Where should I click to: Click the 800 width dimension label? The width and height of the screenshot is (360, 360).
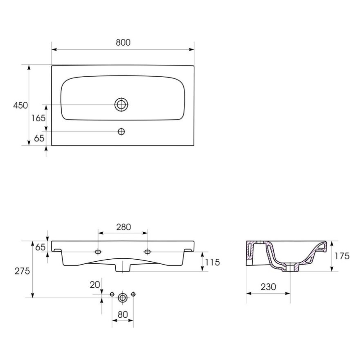coord(123,42)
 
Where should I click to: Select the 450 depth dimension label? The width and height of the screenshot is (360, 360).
coord(20,105)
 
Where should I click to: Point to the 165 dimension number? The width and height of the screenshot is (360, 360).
coord(38,118)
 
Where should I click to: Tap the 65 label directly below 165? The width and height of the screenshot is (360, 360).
coord(39,138)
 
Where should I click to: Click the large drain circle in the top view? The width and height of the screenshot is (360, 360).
coord(122,105)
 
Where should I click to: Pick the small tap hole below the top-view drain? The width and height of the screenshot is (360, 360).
coord(122,131)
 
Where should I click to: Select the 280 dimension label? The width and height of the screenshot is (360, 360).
coord(123,227)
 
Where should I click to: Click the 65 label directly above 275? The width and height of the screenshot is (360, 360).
coord(40,248)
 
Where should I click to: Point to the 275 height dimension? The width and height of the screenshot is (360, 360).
coord(22,271)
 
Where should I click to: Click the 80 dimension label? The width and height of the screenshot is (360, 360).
coord(122,314)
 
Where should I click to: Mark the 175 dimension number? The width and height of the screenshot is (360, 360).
coord(343,256)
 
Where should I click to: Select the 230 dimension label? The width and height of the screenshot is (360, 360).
coord(268,286)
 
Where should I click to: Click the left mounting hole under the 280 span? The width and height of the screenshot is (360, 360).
coord(98,252)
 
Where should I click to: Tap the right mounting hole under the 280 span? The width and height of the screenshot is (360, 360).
coord(148,252)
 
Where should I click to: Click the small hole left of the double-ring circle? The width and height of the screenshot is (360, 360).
coord(112,294)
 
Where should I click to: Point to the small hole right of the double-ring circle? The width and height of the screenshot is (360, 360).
coord(133,294)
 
